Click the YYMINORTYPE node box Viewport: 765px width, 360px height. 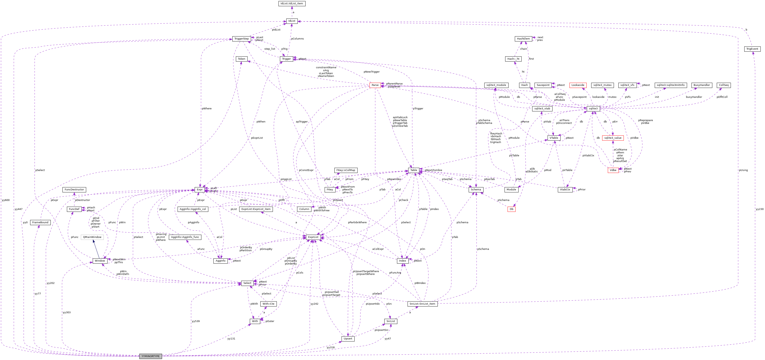coord(151,356)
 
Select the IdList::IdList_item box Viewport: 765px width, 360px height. coord(292,4)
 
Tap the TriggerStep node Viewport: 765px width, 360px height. coord(242,39)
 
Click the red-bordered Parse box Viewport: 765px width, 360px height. coord(375,85)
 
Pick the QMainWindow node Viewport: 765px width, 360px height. coord(92,237)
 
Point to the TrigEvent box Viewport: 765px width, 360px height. coord(752,49)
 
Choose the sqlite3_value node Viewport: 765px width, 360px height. coord(613,138)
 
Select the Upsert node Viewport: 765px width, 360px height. coord(347,339)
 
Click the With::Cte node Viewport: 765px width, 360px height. coord(268,304)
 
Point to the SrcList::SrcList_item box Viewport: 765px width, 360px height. coord(422,304)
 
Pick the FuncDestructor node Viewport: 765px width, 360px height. coord(74,190)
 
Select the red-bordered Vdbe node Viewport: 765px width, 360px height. coord(613,170)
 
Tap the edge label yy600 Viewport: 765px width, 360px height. coord(6,200)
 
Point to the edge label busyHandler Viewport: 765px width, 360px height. coord(694,97)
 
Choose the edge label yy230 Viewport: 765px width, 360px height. coord(759,209)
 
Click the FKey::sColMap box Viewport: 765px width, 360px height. coord(346,170)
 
